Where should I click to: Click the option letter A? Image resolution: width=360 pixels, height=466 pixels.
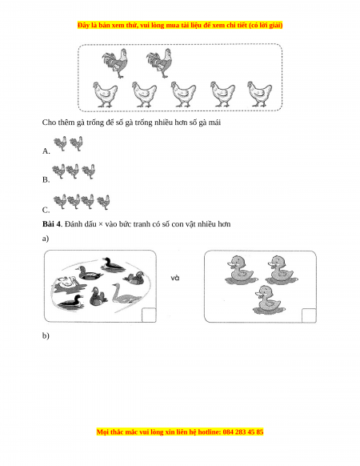(46, 151)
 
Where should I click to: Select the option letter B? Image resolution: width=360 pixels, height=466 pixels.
(46, 180)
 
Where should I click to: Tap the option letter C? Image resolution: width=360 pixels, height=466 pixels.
(46, 210)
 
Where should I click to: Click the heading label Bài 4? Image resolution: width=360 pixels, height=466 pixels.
(51, 224)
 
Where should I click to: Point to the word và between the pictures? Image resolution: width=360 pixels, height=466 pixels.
(175, 278)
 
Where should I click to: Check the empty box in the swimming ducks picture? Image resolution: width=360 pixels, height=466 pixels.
(149, 315)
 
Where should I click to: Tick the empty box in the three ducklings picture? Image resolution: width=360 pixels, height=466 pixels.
(309, 315)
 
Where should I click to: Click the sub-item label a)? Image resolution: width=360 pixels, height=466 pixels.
(46, 239)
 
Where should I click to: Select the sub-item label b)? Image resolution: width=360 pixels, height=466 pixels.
(46, 335)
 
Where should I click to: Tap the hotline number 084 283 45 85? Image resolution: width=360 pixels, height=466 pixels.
(243, 432)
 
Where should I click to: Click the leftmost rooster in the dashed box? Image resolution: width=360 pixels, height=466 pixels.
(115, 63)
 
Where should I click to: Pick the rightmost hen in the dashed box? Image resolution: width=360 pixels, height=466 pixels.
(260, 94)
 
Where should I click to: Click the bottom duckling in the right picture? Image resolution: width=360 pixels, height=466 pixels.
(268, 300)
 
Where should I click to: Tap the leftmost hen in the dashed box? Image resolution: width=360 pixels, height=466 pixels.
(105, 94)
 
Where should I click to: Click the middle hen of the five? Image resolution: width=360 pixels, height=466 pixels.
(183, 94)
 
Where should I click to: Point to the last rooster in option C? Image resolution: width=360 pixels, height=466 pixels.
(104, 202)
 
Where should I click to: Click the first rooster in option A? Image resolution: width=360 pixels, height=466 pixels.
(60, 143)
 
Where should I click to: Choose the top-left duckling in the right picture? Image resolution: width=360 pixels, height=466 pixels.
(241, 270)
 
